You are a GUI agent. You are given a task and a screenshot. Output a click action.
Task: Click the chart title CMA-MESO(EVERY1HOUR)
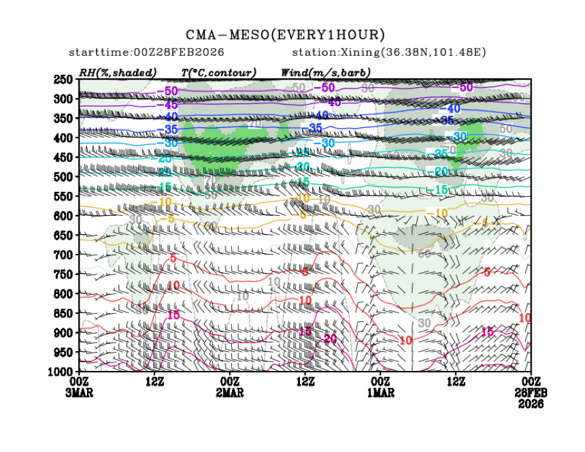[286, 34]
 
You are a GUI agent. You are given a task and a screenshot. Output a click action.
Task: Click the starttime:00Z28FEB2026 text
[147, 52]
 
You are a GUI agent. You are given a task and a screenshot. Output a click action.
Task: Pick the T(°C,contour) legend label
[218, 72]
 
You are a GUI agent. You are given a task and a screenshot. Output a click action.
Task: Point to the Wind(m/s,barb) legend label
[326, 72]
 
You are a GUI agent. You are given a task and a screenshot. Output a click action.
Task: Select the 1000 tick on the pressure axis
[63, 371]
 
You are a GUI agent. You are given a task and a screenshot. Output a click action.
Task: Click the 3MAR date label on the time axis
[80, 393]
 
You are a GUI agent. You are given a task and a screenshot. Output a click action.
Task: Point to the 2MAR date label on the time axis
[229, 393]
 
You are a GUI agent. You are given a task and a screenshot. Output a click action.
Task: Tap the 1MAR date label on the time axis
[380, 393]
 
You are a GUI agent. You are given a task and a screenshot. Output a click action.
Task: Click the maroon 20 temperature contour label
[331, 339]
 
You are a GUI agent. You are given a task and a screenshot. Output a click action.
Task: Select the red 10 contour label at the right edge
[524, 318]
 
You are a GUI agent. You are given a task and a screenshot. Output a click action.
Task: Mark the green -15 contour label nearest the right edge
[440, 189]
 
